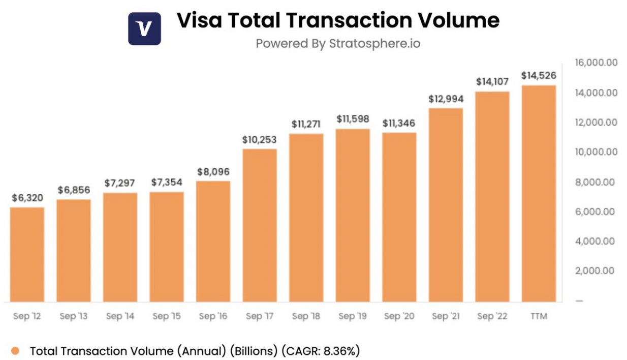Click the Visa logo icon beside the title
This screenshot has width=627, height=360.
tap(144, 28)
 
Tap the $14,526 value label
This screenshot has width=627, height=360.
tap(539, 76)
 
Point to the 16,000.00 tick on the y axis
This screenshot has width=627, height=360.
tap(596, 63)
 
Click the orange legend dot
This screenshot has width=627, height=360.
tap(15, 351)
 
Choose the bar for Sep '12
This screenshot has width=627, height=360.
tap(27, 254)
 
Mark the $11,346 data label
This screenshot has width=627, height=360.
tap(399, 123)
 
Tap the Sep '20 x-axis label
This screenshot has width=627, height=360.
tap(399, 316)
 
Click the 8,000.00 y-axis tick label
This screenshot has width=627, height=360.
tap(596, 182)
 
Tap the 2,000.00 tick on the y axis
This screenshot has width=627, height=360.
tap(596, 271)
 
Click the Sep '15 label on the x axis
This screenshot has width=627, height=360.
tap(166, 316)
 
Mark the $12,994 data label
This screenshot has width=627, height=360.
tap(446, 99)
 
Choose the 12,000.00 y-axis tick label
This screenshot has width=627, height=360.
tap(596, 122)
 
